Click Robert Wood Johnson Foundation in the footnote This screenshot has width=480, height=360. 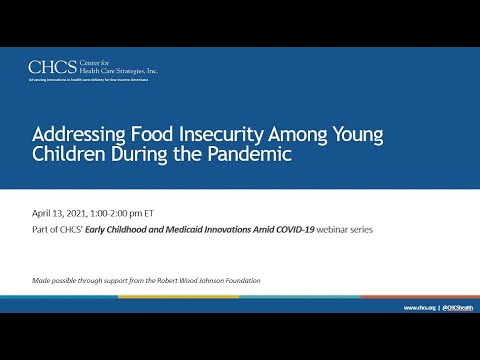(209, 280)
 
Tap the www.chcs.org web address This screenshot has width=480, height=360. (417, 308)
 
